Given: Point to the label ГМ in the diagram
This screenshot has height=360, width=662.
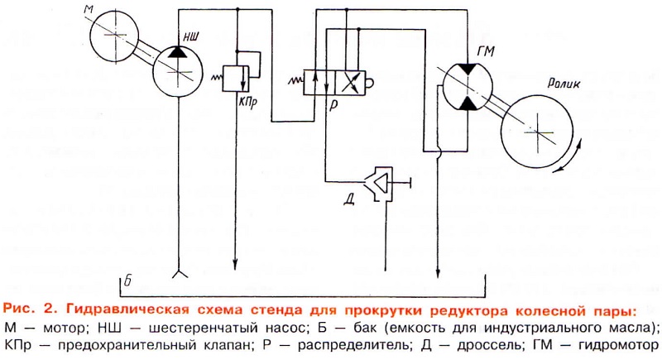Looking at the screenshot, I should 487,51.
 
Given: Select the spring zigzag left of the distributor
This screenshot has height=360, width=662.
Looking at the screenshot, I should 295,81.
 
